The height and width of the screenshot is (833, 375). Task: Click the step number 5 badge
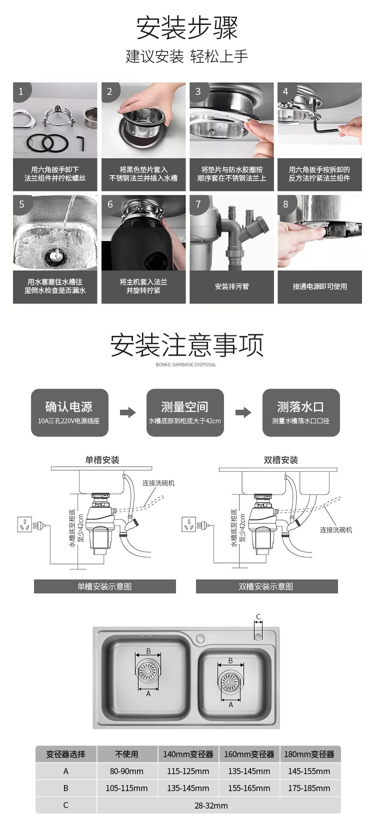click(21, 204)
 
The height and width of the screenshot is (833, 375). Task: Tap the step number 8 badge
click(286, 204)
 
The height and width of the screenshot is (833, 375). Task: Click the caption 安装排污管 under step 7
click(231, 286)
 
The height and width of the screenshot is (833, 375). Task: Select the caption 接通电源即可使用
click(319, 286)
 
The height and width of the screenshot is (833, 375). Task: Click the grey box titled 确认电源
click(69, 412)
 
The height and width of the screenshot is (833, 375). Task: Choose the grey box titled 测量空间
click(184, 412)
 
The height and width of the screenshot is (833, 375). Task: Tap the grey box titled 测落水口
click(300, 412)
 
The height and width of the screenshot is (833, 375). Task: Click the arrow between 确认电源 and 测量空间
click(128, 412)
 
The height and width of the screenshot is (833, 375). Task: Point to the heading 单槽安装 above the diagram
click(102, 460)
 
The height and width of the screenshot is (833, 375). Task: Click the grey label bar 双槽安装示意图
click(266, 586)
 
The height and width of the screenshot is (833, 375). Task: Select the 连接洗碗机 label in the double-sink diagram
click(336, 530)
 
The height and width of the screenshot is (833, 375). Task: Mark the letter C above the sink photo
click(258, 617)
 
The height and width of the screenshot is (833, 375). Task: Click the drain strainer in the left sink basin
click(148, 671)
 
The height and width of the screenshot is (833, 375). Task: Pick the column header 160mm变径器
click(249, 754)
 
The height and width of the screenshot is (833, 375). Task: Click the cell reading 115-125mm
click(188, 771)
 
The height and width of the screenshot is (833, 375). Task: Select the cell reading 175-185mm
click(309, 788)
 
